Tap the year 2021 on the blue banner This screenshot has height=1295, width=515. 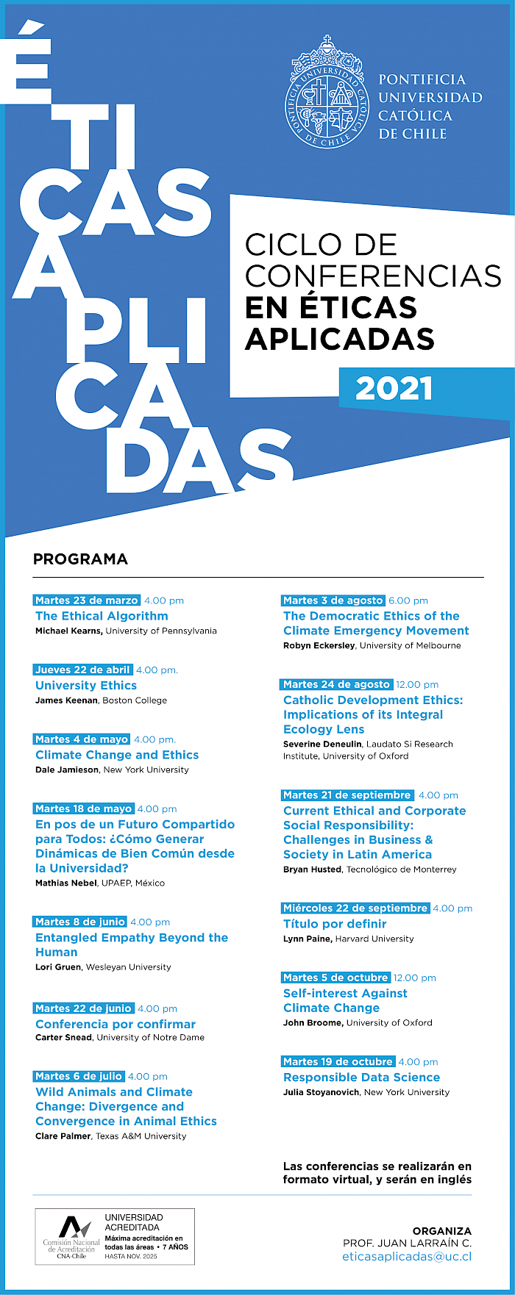tap(394, 389)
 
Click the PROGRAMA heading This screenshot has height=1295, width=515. tap(80, 559)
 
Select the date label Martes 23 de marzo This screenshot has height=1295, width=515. tap(87, 600)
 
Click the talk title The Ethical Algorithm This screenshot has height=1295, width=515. tap(102, 616)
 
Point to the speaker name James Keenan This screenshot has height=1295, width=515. tap(66, 700)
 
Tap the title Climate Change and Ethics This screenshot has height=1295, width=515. tap(117, 755)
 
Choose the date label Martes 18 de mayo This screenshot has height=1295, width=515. tap(84, 808)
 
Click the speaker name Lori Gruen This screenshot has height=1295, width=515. tap(58, 967)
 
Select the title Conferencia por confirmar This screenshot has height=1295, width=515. tap(116, 1024)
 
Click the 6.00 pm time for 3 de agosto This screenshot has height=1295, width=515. tap(408, 600)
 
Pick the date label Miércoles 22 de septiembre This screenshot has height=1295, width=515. tap(355, 908)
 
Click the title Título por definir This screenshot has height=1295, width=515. tap(335, 924)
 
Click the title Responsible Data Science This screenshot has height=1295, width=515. tap(361, 1077)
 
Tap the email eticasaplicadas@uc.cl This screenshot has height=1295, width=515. tap(407, 1257)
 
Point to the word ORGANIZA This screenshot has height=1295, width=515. tap(441, 1231)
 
